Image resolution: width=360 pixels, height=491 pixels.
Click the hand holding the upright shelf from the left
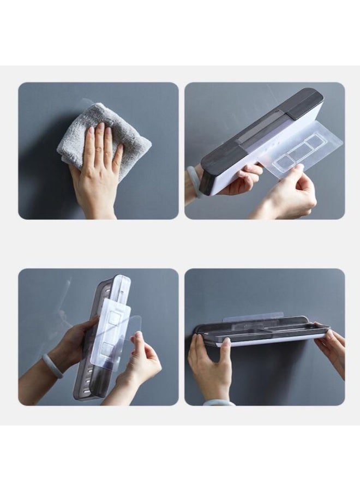(x=71, y=344)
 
